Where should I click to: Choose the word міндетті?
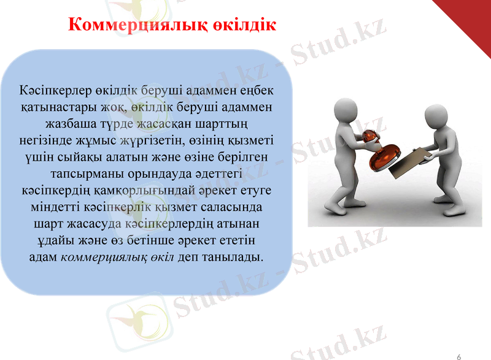tap(58, 206)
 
